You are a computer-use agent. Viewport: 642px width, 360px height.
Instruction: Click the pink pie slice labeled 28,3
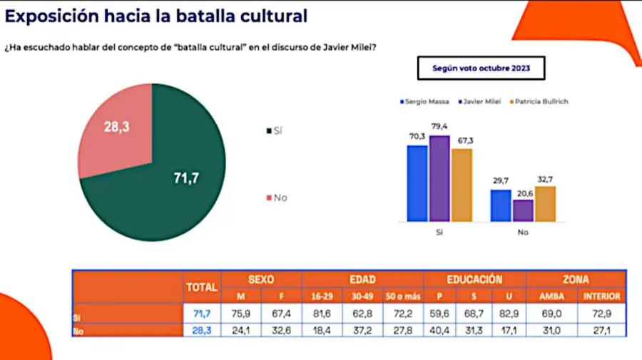click(117, 129)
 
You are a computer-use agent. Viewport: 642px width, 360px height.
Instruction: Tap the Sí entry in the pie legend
click(275, 131)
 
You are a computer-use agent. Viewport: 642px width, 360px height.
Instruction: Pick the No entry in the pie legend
click(277, 198)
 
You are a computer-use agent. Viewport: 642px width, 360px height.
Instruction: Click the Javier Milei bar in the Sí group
click(439, 179)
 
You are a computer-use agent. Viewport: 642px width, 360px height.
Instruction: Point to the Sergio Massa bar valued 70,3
click(417, 184)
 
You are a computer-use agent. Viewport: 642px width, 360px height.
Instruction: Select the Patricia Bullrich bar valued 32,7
click(546, 204)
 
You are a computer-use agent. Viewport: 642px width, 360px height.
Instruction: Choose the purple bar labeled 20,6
click(524, 211)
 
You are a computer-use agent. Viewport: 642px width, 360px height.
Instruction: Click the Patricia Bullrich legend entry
click(539, 101)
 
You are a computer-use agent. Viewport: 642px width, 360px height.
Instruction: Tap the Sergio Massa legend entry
click(424, 101)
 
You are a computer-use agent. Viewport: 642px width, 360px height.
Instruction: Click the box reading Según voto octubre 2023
click(481, 68)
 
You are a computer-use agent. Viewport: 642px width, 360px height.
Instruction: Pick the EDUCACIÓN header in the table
click(474, 279)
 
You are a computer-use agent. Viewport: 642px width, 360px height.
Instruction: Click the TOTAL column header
click(202, 287)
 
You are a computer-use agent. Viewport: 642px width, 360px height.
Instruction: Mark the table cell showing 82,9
click(509, 314)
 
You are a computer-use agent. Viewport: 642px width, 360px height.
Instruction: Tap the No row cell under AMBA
click(551, 330)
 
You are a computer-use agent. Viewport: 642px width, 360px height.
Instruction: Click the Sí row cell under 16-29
click(322, 314)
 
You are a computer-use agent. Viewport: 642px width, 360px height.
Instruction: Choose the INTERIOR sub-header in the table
click(601, 296)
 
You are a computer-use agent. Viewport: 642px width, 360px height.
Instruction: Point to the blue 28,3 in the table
click(202, 330)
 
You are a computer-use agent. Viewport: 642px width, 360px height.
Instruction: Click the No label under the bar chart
click(523, 232)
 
